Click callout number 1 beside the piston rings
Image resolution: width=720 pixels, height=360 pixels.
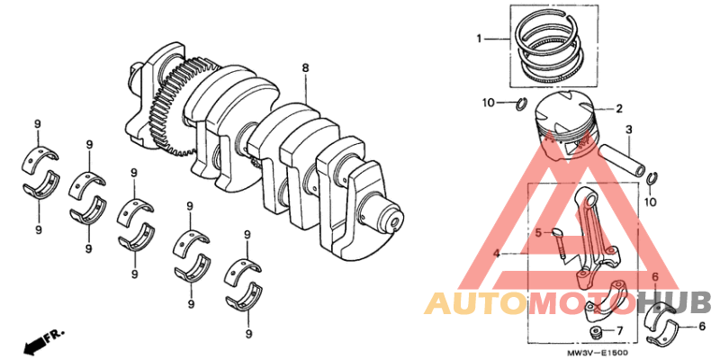[x=480, y=39]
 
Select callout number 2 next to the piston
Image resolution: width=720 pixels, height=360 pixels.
[x=619, y=109]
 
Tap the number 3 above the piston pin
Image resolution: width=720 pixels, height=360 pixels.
[x=628, y=129]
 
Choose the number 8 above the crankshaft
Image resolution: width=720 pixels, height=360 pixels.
[x=305, y=67]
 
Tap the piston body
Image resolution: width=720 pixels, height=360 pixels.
[x=562, y=121]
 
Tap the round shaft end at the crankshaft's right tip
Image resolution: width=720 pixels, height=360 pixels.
[x=394, y=219]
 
